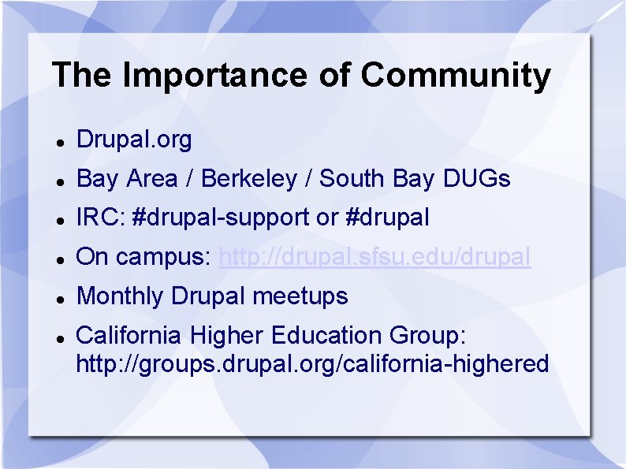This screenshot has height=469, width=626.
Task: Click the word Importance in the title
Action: (x=215, y=76)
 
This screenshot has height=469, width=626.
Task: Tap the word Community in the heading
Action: (x=456, y=76)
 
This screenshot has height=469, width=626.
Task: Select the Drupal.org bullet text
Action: (x=134, y=140)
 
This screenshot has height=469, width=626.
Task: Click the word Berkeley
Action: (x=249, y=178)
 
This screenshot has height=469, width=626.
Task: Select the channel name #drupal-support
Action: (x=221, y=218)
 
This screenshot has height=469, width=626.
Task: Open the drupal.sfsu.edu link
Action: (x=374, y=257)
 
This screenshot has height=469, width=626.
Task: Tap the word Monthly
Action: (x=120, y=296)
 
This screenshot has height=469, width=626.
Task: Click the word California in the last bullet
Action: (x=129, y=334)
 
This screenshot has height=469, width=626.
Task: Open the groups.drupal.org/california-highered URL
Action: (x=312, y=364)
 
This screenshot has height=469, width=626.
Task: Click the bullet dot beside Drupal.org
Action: (x=61, y=143)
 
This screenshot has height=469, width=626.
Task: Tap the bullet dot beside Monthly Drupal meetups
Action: (x=61, y=300)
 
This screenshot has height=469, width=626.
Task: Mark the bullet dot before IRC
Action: (x=61, y=221)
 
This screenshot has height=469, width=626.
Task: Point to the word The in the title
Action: (x=81, y=75)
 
